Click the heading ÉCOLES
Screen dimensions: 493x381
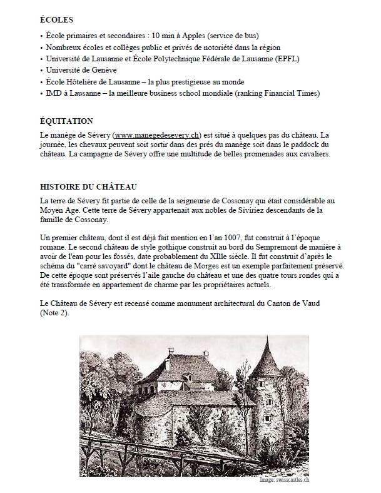pyautogui.click(x=56, y=19)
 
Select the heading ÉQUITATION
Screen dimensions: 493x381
pyautogui.click(x=66, y=121)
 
